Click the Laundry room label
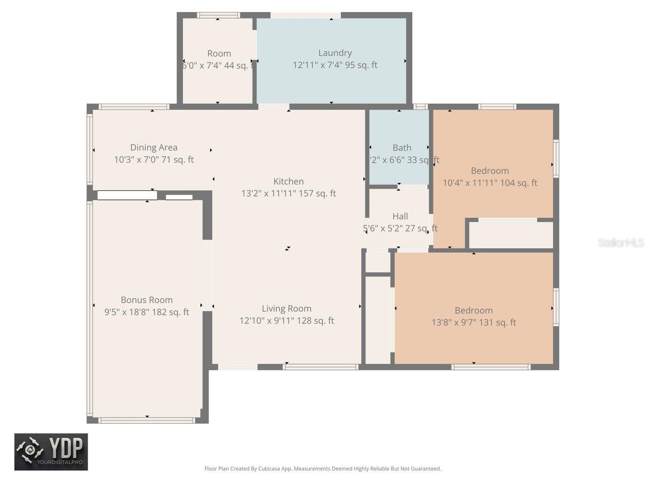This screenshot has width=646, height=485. pos(335,53)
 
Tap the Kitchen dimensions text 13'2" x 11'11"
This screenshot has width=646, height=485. pos(288,193)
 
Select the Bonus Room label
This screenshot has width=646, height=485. pos(146,300)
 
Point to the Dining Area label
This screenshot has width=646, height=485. pos(153,147)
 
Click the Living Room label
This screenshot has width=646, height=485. pos(286,308)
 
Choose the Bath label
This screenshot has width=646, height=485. pos(402,148)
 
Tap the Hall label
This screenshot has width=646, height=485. pos(400,216)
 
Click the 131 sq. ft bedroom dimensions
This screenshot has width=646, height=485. pos(473,322)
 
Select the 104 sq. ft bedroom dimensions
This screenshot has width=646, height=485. pos(490,183)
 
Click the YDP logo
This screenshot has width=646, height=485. pos(51,452)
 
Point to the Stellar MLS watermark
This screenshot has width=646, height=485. pos(620,243)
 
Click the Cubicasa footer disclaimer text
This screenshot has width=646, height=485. pos(322,468)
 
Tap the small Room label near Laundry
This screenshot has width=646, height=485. pos(219,54)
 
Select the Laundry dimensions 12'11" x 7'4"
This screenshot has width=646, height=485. pos(335,65)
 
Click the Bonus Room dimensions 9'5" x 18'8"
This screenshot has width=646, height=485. pos(146,312)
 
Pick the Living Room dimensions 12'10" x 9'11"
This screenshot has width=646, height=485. pos(286,320)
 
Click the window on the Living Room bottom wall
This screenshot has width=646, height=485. pos(320,367)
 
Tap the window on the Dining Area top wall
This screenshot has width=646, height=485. pos(134,107)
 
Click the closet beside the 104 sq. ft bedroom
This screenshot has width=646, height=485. pos(511,235)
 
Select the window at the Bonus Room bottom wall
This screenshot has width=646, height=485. pos(147,420)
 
